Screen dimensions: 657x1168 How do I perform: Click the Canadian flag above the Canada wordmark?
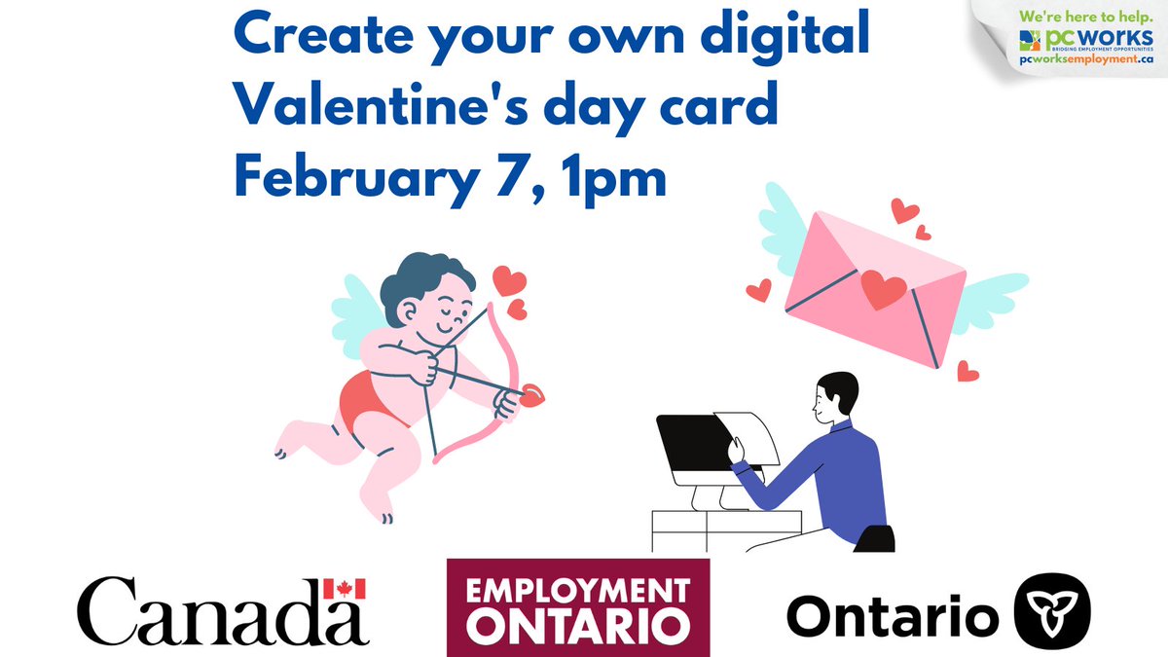click(344, 588)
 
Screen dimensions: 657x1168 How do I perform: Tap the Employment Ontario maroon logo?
click(577, 606)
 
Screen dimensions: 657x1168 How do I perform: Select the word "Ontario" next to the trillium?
click(893, 614)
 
